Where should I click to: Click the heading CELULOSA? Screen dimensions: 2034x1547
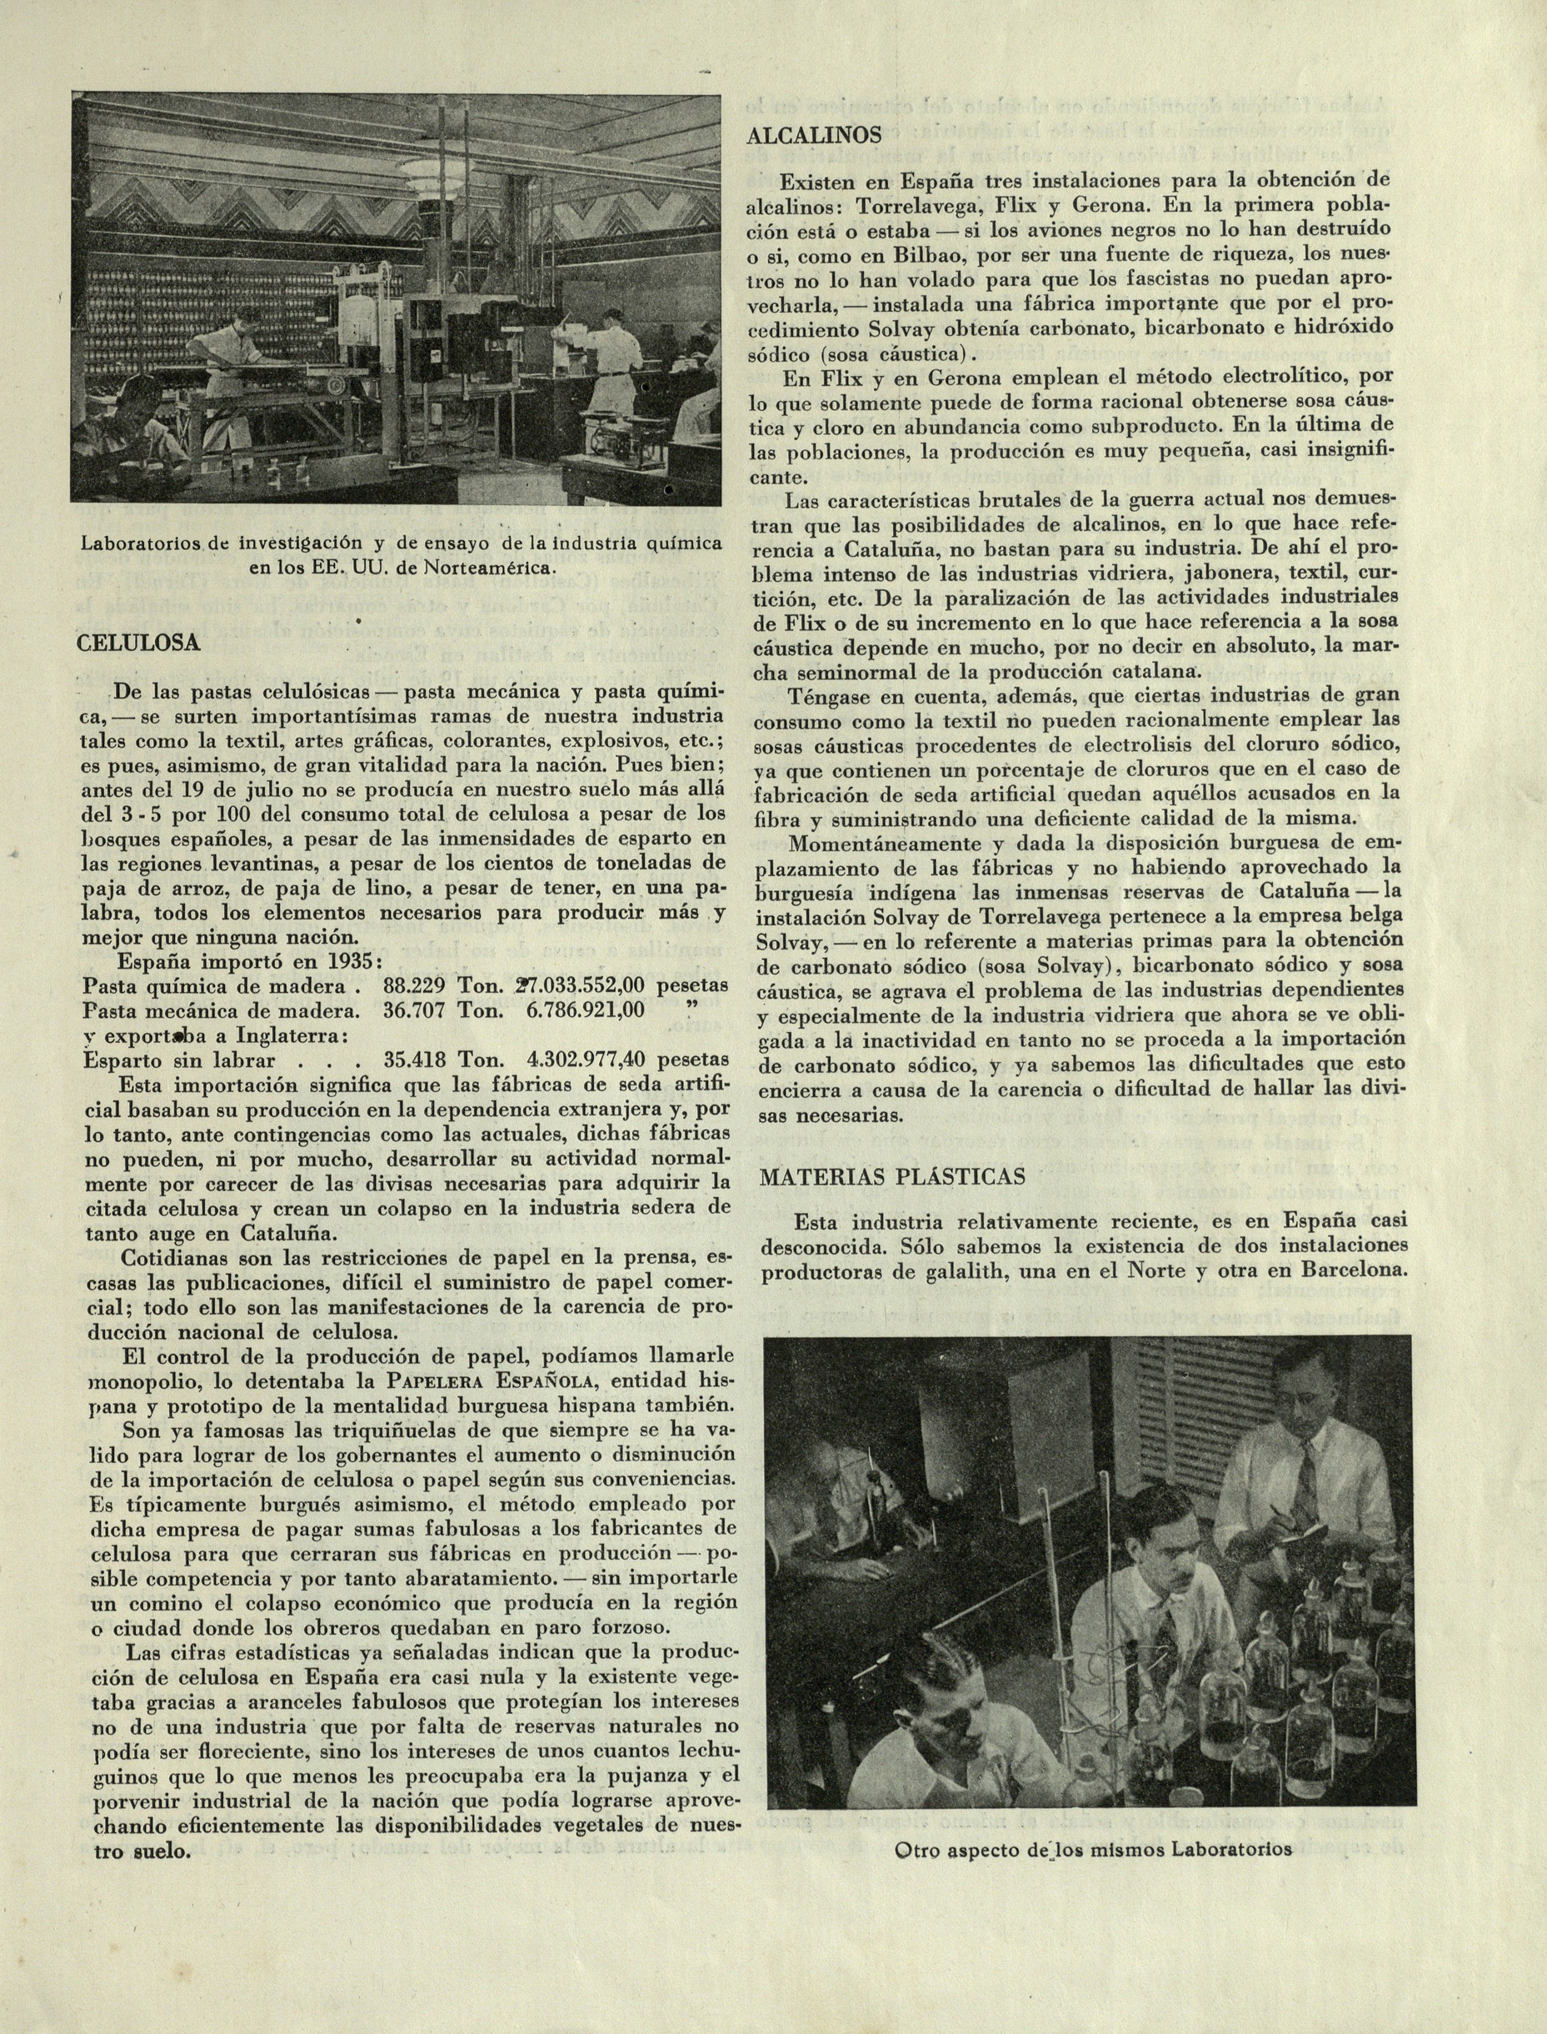[137, 643]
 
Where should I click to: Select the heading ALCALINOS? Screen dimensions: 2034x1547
[813, 135]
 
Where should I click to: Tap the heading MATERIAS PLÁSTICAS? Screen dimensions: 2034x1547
[880, 1176]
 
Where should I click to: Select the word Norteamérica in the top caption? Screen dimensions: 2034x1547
[492, 567]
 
